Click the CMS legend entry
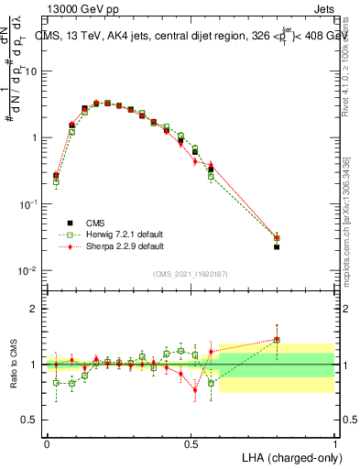(96, 223)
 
